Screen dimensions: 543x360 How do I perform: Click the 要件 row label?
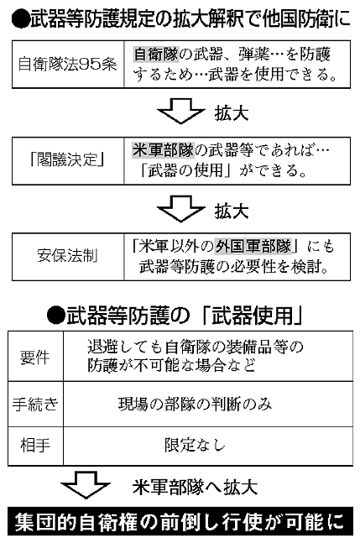[34, 356]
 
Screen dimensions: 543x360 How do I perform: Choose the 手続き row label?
[34, 404]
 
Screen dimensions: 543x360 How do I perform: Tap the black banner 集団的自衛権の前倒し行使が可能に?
[180, 521]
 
